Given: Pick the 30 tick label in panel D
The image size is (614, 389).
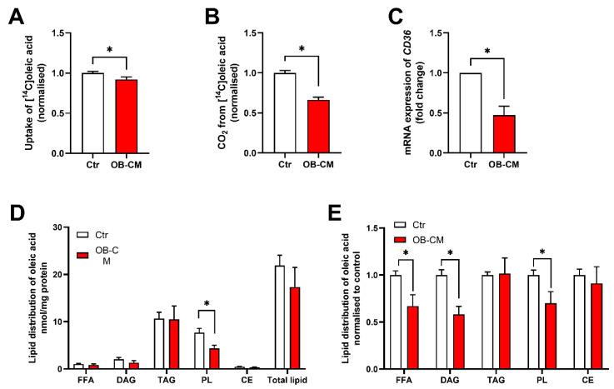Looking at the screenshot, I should pyautogui.click(x=57, y=227).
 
